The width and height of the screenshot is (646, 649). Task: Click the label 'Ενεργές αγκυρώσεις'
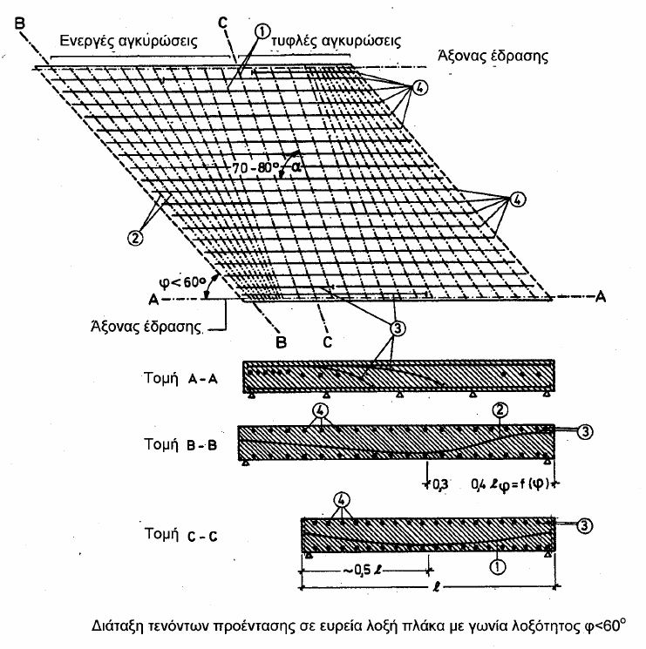(126, 40)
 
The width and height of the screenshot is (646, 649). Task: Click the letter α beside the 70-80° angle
(300, 169)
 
